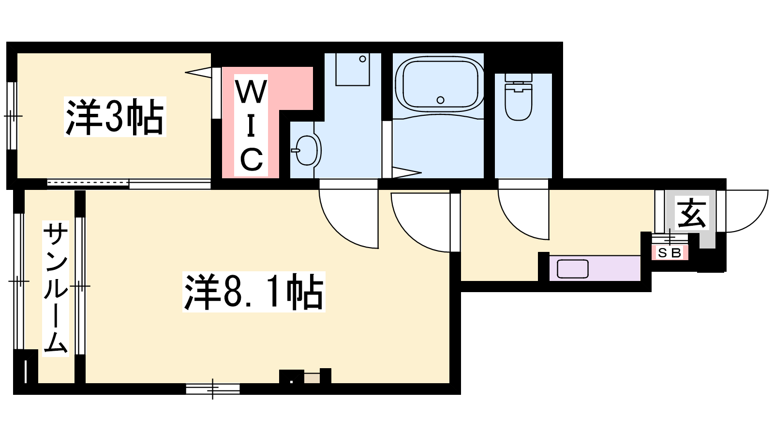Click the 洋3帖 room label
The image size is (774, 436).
point(115,117)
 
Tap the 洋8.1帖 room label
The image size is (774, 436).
point(254,292)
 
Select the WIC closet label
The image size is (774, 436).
point(251,125)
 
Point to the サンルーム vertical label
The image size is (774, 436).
point(56,288)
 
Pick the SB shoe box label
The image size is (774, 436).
point(670,253)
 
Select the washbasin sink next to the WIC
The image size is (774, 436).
point(307,150)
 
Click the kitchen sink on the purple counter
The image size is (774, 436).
point(573,268)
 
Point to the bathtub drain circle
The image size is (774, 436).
point(440,100)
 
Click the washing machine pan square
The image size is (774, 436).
point(353,69)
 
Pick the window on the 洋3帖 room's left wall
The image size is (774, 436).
point(12,116)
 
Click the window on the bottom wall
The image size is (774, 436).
point(212,389)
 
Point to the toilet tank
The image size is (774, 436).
point(518,78)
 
